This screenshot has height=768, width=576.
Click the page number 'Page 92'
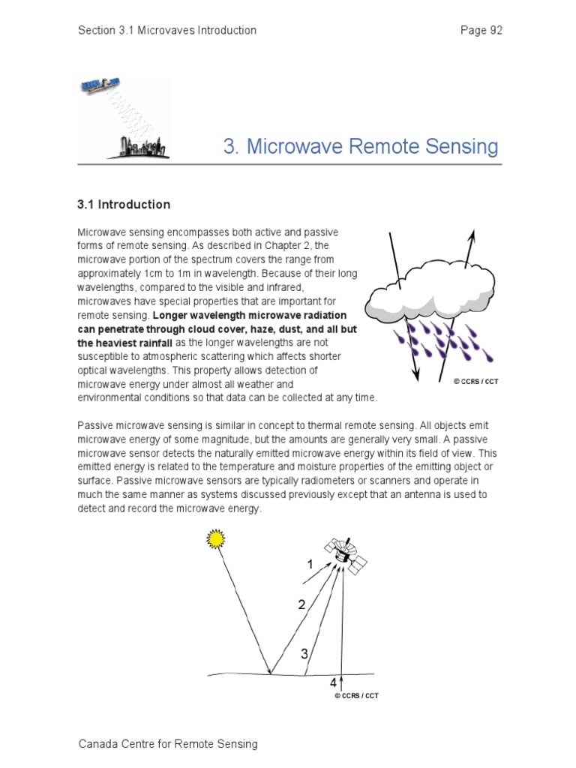481,31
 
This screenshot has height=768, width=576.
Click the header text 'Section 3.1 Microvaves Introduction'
167,31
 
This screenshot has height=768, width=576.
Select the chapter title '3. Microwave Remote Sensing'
361,146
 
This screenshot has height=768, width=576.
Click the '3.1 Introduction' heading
124,205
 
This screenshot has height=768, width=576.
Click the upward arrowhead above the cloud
472,236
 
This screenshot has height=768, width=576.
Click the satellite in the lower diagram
345,554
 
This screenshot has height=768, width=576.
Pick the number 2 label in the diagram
301,604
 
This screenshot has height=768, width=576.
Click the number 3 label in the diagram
304,654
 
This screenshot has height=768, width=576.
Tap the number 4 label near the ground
333,683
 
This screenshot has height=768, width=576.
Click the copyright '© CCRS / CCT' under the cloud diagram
475,382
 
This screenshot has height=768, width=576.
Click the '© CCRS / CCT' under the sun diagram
356,696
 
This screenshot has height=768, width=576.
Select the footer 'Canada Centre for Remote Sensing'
168,744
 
